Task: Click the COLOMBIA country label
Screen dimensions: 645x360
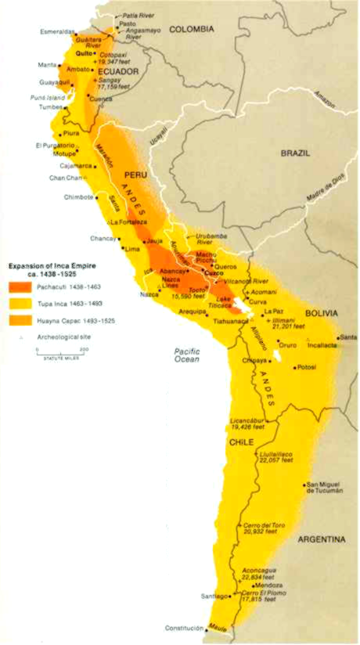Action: coord(189,28)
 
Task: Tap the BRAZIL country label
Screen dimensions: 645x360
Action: coord(296,153)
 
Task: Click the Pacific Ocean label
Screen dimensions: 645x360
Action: coord(188,355)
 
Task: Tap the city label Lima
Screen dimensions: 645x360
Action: coord(132,248)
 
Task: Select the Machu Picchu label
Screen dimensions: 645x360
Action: coord(207,258)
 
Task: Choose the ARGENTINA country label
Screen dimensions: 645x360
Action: coord(320,539)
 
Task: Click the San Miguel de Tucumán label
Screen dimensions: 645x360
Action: coord(325,488)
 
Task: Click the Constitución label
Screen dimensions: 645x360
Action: coord(184,629)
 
